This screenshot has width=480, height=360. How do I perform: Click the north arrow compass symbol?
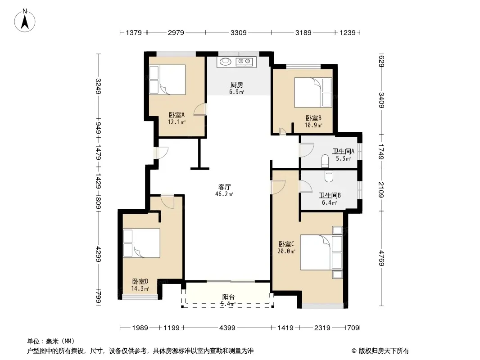(x=25, y=21)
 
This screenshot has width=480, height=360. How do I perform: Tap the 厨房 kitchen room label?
(x=237, y=85)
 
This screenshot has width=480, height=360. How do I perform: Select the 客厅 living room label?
(x=224, y=187)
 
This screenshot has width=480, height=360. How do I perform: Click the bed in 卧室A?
(x=168, y=80)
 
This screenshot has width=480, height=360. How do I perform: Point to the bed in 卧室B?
(x=313, y=92)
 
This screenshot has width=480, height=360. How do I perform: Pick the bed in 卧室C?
(x=321, y=252)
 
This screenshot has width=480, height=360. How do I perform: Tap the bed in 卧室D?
(x=141, y=243)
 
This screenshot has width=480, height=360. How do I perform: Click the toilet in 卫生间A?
(x=325, y=161)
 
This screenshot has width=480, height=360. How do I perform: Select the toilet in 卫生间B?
(x=328, y=176)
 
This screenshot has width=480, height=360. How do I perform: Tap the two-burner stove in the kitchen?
(x=244, y=62)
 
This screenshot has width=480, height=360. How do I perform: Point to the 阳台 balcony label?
(x=228, y=297)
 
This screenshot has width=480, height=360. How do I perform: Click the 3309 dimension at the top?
(x=239, y=32)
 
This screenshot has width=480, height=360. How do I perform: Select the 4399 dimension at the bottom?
(x=227, y=328)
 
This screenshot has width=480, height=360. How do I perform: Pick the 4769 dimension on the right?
(x=381, y=258)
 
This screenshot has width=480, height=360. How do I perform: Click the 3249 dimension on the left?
(x=98, y=86)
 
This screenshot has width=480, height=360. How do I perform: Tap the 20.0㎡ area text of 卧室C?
(x=286, y=252)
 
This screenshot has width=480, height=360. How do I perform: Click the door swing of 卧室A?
(x=200, y=109)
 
